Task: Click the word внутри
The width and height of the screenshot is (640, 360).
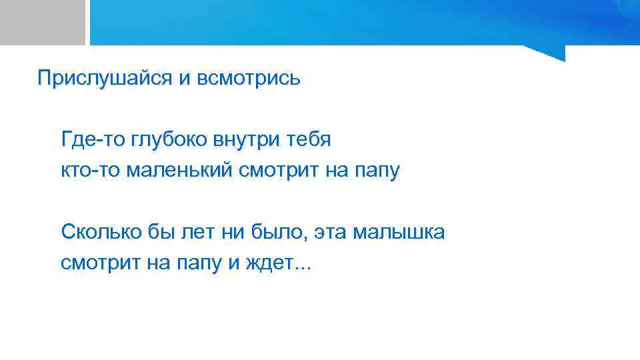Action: (x=246, y=140)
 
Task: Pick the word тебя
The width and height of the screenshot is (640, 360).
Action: (x=307, y=140)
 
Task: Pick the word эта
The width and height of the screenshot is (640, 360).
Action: (x=329, y=233)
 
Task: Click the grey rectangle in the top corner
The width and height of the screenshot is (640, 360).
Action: (x=42, y=22)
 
